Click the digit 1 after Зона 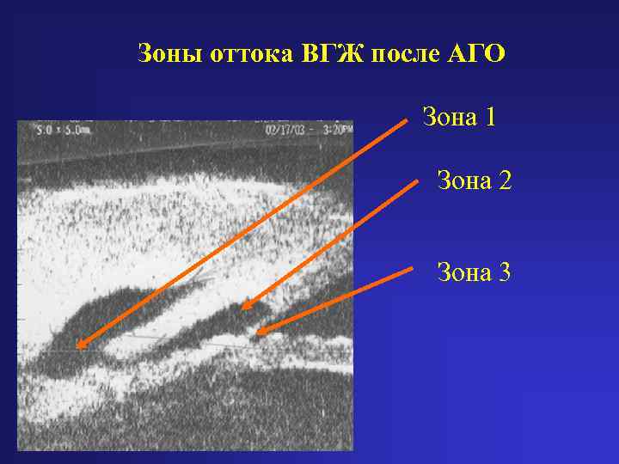tap(490, 116)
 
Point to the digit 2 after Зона tap(505, 180)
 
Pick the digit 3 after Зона tap(505, 273)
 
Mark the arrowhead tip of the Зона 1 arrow tap(77, 346)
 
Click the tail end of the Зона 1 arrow tap(406, 121)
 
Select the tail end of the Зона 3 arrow tap(413, 269)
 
